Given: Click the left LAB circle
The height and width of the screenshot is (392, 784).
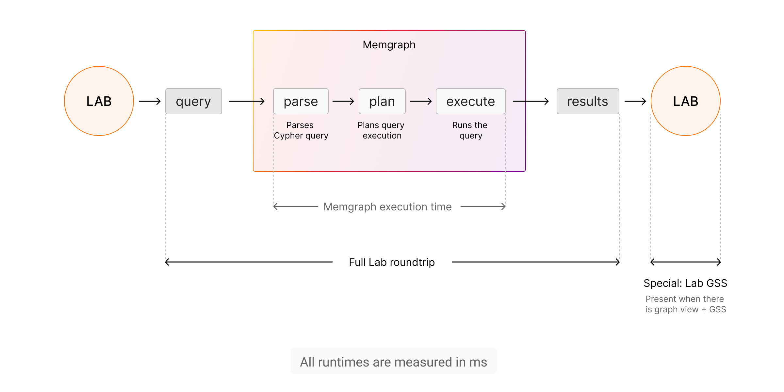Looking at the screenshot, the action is tap(99, 101).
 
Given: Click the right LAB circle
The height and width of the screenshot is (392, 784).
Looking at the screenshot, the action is tap(686, 101).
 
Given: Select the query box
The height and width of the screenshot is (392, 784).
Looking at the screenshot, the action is tap(194, 101).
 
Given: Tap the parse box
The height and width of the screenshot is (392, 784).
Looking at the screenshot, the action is tap(301, 101).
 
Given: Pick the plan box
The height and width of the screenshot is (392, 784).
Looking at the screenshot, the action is tap(382, 101).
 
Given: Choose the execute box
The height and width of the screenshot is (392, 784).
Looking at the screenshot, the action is tap(471, 101).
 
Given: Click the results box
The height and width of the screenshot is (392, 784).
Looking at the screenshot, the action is tap(588, 101).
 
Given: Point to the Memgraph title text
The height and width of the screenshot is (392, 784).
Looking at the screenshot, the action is tap(389, 45).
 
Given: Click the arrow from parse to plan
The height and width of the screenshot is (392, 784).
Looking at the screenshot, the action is tap(343, 101).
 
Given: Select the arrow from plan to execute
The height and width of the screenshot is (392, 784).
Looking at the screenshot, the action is tap(421, 101).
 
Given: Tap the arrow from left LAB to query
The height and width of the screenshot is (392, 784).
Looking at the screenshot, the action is tap(150, 101).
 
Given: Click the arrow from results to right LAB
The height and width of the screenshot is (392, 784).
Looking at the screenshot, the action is tap(635, 101).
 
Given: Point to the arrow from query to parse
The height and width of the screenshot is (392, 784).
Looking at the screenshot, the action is tap(247, 101).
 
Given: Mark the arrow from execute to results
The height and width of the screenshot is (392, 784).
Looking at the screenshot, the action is tap(531, 101).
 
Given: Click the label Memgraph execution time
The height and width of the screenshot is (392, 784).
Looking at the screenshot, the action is tap(388, 207).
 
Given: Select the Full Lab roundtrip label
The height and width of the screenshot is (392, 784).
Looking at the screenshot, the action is tap(392, 262).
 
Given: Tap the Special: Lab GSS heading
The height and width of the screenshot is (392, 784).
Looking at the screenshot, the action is tap(685, 283).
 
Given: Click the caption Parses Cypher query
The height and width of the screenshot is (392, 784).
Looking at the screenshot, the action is tap(301, 130).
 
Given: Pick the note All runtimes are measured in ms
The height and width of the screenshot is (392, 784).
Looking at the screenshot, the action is tap(394, 362).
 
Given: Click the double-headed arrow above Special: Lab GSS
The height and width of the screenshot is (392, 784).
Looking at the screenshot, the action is tap(686, 262).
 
